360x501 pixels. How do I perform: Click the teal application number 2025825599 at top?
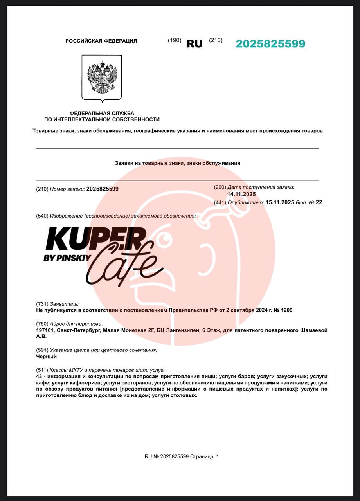coord(270,44)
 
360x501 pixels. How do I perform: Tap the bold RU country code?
coord(194,44)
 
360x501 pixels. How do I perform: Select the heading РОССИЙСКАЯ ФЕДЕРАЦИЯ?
coord(101,41)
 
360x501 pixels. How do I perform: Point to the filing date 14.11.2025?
coord(241,194)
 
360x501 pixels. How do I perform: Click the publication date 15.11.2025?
coord(280,202)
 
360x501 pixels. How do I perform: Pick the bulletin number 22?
coord(319,202)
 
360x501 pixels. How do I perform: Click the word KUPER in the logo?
coord(96,239)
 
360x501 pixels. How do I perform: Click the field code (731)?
coord(42,304)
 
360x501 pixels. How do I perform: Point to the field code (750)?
coord(42,324)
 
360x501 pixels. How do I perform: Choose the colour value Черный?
coord(46,357)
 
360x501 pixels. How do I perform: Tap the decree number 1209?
coord(285,310)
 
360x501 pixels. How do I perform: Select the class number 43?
coord(39,376)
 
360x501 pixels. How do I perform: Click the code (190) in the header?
coord(175,40)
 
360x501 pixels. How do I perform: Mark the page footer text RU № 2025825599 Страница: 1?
coord(182,456)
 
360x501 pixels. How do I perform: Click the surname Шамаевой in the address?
coord(313,330)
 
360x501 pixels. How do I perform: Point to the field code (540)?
coord(42,216)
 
